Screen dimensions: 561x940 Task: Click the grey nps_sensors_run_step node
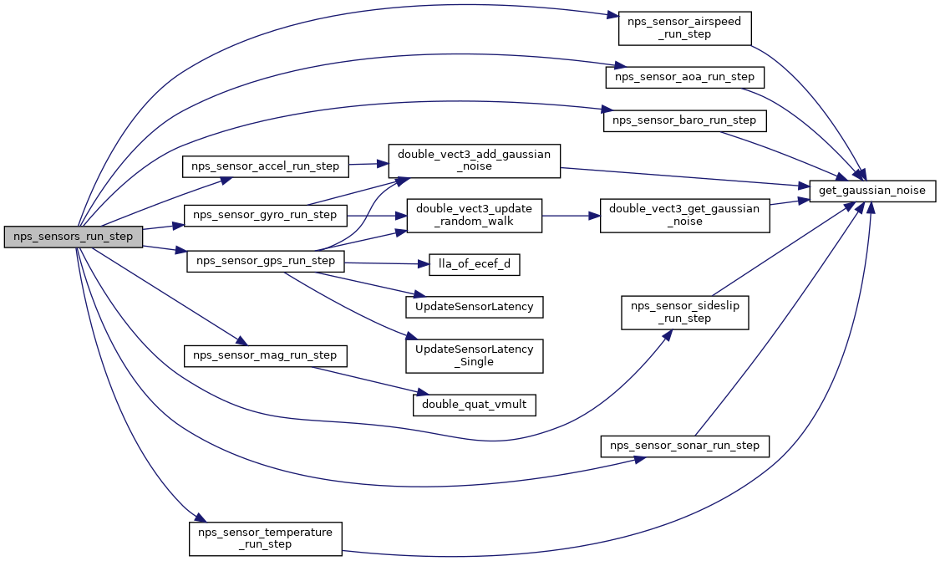(x=74, y=237)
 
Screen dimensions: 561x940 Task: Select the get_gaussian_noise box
(x=873, y=191)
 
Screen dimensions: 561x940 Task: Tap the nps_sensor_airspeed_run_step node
(x=685, y=28)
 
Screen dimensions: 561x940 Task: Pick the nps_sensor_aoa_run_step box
(x=684, y=77)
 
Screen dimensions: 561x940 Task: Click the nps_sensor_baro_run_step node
(x=684, y=120)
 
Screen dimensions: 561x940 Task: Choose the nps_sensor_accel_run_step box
(x=266, y=166)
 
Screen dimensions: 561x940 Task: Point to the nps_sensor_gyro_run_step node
(x=265, y=215)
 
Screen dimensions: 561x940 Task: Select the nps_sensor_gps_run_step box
(x=265, y=261)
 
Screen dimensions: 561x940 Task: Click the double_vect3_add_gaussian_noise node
(x=474, y=161)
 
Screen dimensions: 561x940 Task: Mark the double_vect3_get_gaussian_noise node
(x=684, y=216)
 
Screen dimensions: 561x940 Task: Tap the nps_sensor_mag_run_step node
(x=265, y=355)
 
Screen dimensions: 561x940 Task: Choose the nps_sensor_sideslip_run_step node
(x=684, y=312)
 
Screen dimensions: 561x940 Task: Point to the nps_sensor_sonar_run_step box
(x=684, y=446)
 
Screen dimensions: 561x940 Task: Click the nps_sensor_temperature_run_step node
(x=265, y=538)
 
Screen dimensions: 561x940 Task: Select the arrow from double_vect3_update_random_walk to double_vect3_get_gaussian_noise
(x=572, y=216)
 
